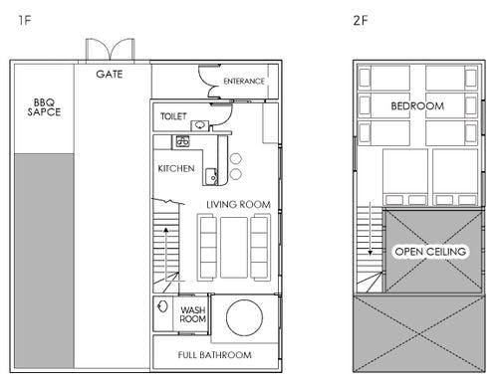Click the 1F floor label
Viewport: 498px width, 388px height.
tap(25, 21)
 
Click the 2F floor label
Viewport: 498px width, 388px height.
tap(361, 21)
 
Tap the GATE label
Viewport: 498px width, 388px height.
tap(110, 74)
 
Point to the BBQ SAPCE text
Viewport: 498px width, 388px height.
tap(44, 107)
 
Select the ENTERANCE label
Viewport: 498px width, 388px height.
tap(244, 82)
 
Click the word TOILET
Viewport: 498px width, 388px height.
tap(173, 116)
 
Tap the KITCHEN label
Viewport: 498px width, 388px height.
tap(176, 168)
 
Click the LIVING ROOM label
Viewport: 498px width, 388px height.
tap(238, 205)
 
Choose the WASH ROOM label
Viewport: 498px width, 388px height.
tap(193, 314)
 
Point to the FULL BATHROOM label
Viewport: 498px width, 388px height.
tap(215, 355)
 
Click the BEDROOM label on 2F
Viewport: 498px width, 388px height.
tap(417, 106)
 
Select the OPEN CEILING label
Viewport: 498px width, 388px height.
tap(430, 252)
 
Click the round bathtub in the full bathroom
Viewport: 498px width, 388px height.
tap(244, 317)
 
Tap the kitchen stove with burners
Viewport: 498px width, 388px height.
tap(182, 141)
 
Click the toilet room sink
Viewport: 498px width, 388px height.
tap(200, 125)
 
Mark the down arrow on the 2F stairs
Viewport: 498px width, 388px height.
tap(371, 229)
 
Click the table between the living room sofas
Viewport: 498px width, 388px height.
tap(234, 248)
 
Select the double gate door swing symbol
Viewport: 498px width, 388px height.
tap(111, 50)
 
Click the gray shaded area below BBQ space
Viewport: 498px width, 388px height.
tap(44, 261)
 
